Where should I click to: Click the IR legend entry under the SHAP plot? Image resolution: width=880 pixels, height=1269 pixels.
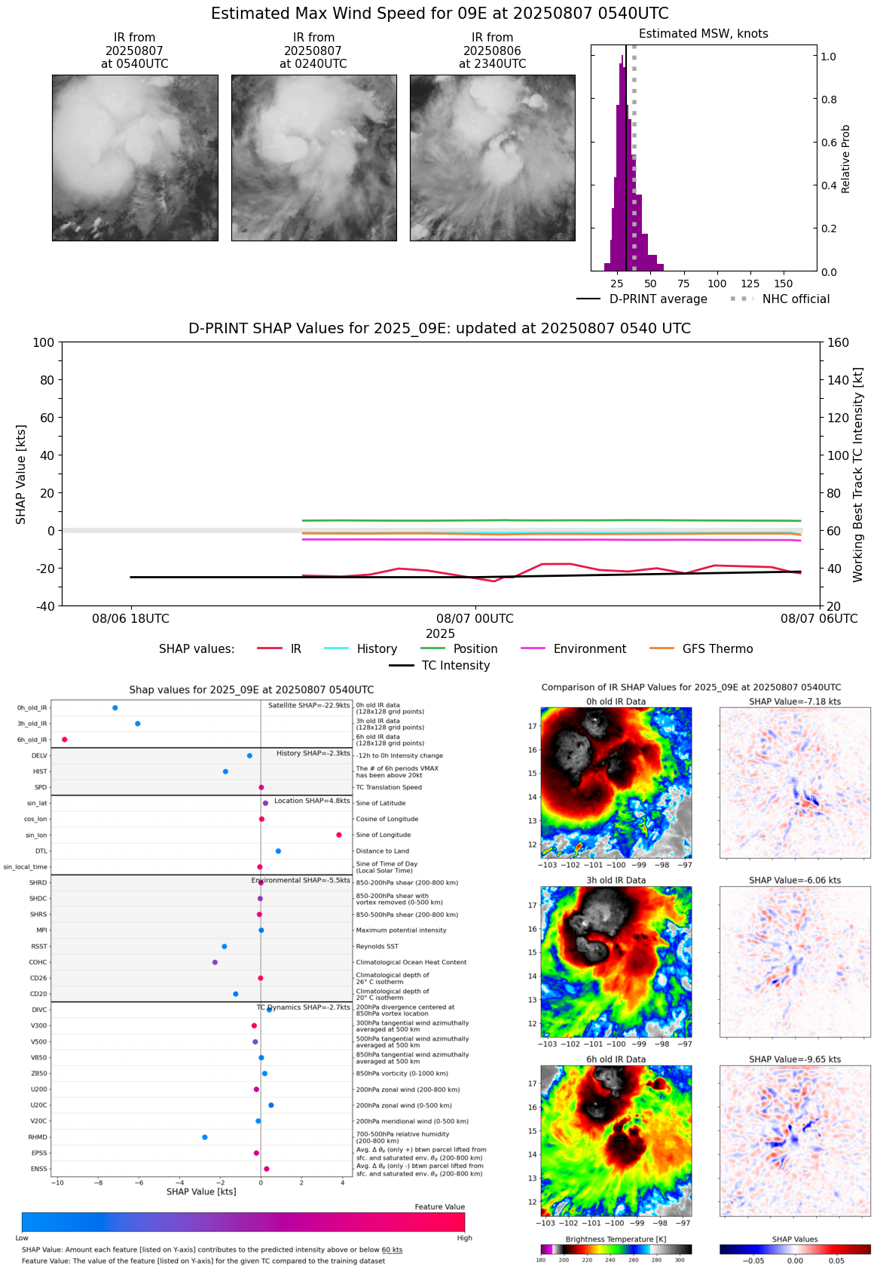point(295,648)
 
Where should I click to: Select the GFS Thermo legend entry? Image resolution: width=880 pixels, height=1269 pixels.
point(717,648)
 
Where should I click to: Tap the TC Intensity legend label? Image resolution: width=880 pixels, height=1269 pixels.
point(455,665)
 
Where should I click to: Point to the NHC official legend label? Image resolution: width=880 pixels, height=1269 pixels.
point(796,299)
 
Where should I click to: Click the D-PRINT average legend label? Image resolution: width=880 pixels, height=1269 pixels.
point(658,299)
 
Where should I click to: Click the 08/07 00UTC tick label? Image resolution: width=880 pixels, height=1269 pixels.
point(475,619)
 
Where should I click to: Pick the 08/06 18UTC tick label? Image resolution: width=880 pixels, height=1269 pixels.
point(131,619)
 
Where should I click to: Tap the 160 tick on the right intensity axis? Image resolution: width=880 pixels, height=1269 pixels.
point(838,342)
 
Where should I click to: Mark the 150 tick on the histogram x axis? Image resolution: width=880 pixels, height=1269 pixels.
point(784,284)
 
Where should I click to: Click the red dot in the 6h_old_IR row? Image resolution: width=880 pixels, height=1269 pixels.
point(65,740)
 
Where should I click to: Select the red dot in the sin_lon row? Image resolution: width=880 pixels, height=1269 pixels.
point(339,835)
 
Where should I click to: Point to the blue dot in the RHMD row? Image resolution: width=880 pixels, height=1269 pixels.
point(205,1137)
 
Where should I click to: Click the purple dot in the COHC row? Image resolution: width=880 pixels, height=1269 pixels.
point(215,962)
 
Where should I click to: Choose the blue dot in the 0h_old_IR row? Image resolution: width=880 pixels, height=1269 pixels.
point(115,708)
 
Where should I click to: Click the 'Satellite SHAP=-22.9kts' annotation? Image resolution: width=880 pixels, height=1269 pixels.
point(309,706)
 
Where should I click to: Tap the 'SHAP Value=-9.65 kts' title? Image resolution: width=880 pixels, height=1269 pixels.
point(794,1059)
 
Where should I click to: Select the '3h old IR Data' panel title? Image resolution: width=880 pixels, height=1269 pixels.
point(616,880)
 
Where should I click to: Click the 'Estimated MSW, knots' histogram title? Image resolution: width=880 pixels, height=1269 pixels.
point(703,34)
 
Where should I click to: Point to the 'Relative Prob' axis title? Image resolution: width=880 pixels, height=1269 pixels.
point(845,159)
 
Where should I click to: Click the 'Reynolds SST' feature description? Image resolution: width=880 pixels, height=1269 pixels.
point(377,946)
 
